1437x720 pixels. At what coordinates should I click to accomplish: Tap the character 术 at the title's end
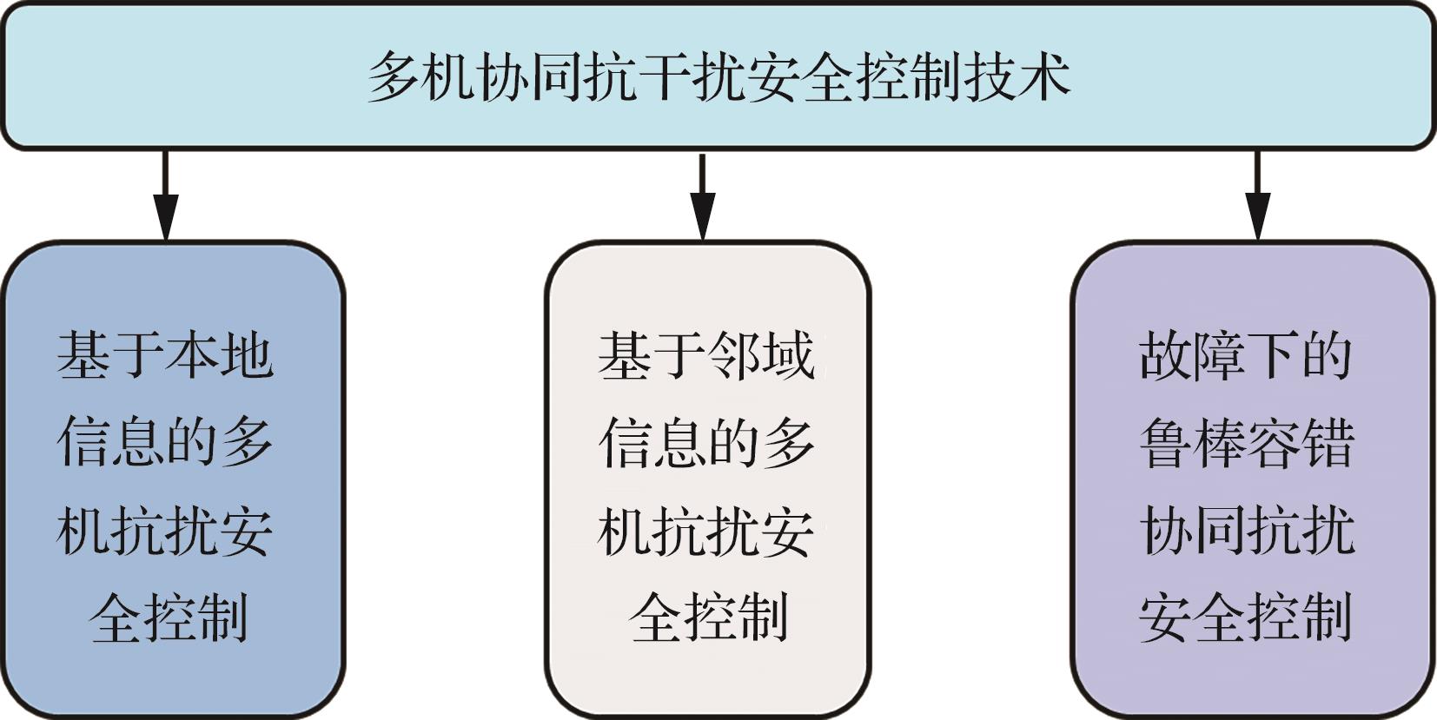click(1044, 77)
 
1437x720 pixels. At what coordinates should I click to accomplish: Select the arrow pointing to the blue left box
click(166, 195)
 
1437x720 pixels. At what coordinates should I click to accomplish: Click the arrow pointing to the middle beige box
click(703, 197)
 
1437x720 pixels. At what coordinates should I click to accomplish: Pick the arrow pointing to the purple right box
click(1257, 195)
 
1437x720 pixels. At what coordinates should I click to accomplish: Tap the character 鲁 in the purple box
click(1166, 443)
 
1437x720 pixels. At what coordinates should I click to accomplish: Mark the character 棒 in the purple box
click(1220, 443)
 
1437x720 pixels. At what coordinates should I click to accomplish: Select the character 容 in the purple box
click(1274, 443)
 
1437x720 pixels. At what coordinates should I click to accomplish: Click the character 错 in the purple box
click(1328, 443)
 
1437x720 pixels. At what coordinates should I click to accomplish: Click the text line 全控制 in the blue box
click(168, 618)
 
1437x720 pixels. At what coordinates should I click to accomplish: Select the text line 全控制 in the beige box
click(708, 618)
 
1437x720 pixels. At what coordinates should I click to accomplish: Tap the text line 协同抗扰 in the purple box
click(1247, 530)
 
